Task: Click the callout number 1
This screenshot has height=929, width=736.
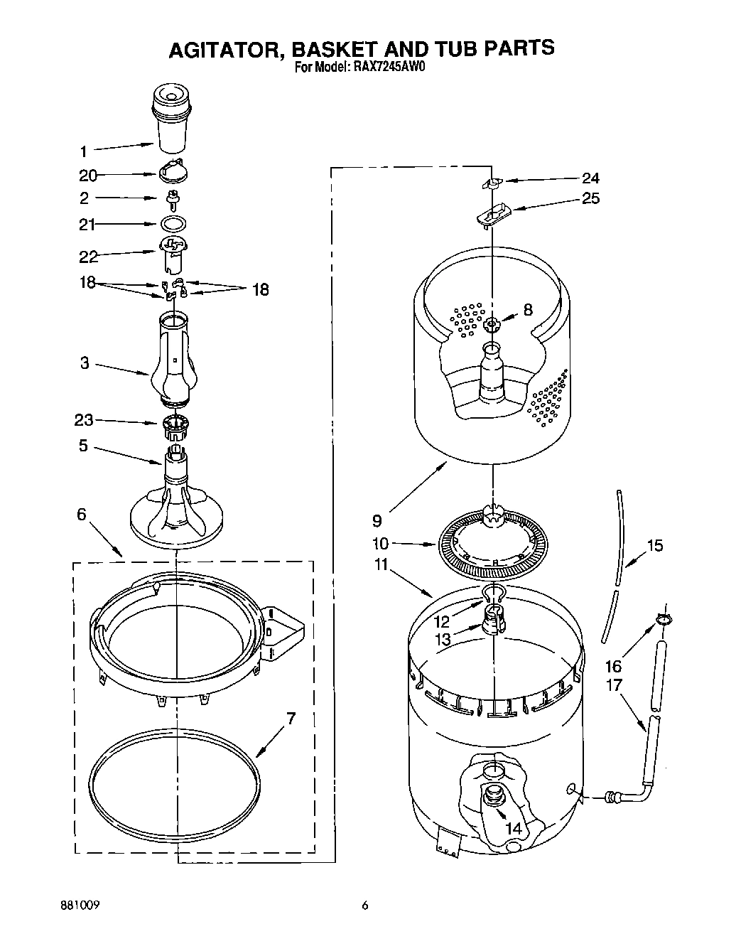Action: pos(83,151)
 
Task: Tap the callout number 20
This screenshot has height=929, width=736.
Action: pos(87,176)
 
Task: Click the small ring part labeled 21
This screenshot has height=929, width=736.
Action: pos(171,224)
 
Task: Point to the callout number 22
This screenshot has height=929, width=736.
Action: pos(87,257)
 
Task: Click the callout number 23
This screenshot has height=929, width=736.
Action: pos(84,420)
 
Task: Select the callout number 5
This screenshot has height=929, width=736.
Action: pos(83,446)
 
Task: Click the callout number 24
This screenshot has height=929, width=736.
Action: pos(590,178)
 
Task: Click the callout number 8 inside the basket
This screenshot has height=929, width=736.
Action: pos(527,309)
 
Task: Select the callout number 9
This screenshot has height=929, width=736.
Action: pos(377,520)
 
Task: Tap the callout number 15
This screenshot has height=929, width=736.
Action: pos(654,545)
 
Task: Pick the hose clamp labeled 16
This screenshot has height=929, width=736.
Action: pos(663,620)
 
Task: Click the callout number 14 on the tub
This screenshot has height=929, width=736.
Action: pos(514,827)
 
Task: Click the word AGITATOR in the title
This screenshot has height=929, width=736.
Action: pos(220,48)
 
